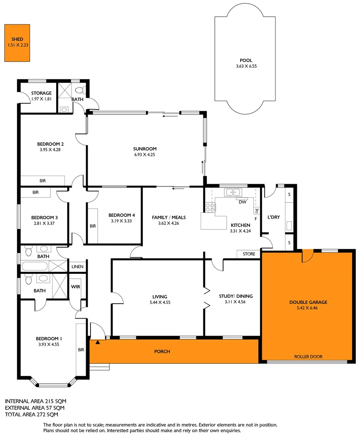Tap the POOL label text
(x=246, y=60)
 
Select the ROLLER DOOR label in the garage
(x=308, y=356)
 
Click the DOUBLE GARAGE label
(x=308, y=302)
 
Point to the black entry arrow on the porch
(x=97, y=343)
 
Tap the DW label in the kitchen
(x=242, y=202)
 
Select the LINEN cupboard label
(x=77, y=267)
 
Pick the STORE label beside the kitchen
(x=249, y=254)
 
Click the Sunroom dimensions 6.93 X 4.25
(x=145, y=155)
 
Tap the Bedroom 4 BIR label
(x=93, y=226)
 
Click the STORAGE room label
(x=41, y=93)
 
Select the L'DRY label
(x=274, y=217)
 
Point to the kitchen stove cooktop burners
(x=210, y=207)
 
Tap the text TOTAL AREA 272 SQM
(x=31, y=414)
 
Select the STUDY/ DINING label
(x=239, y=296)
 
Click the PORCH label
(x=162, y=351)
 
